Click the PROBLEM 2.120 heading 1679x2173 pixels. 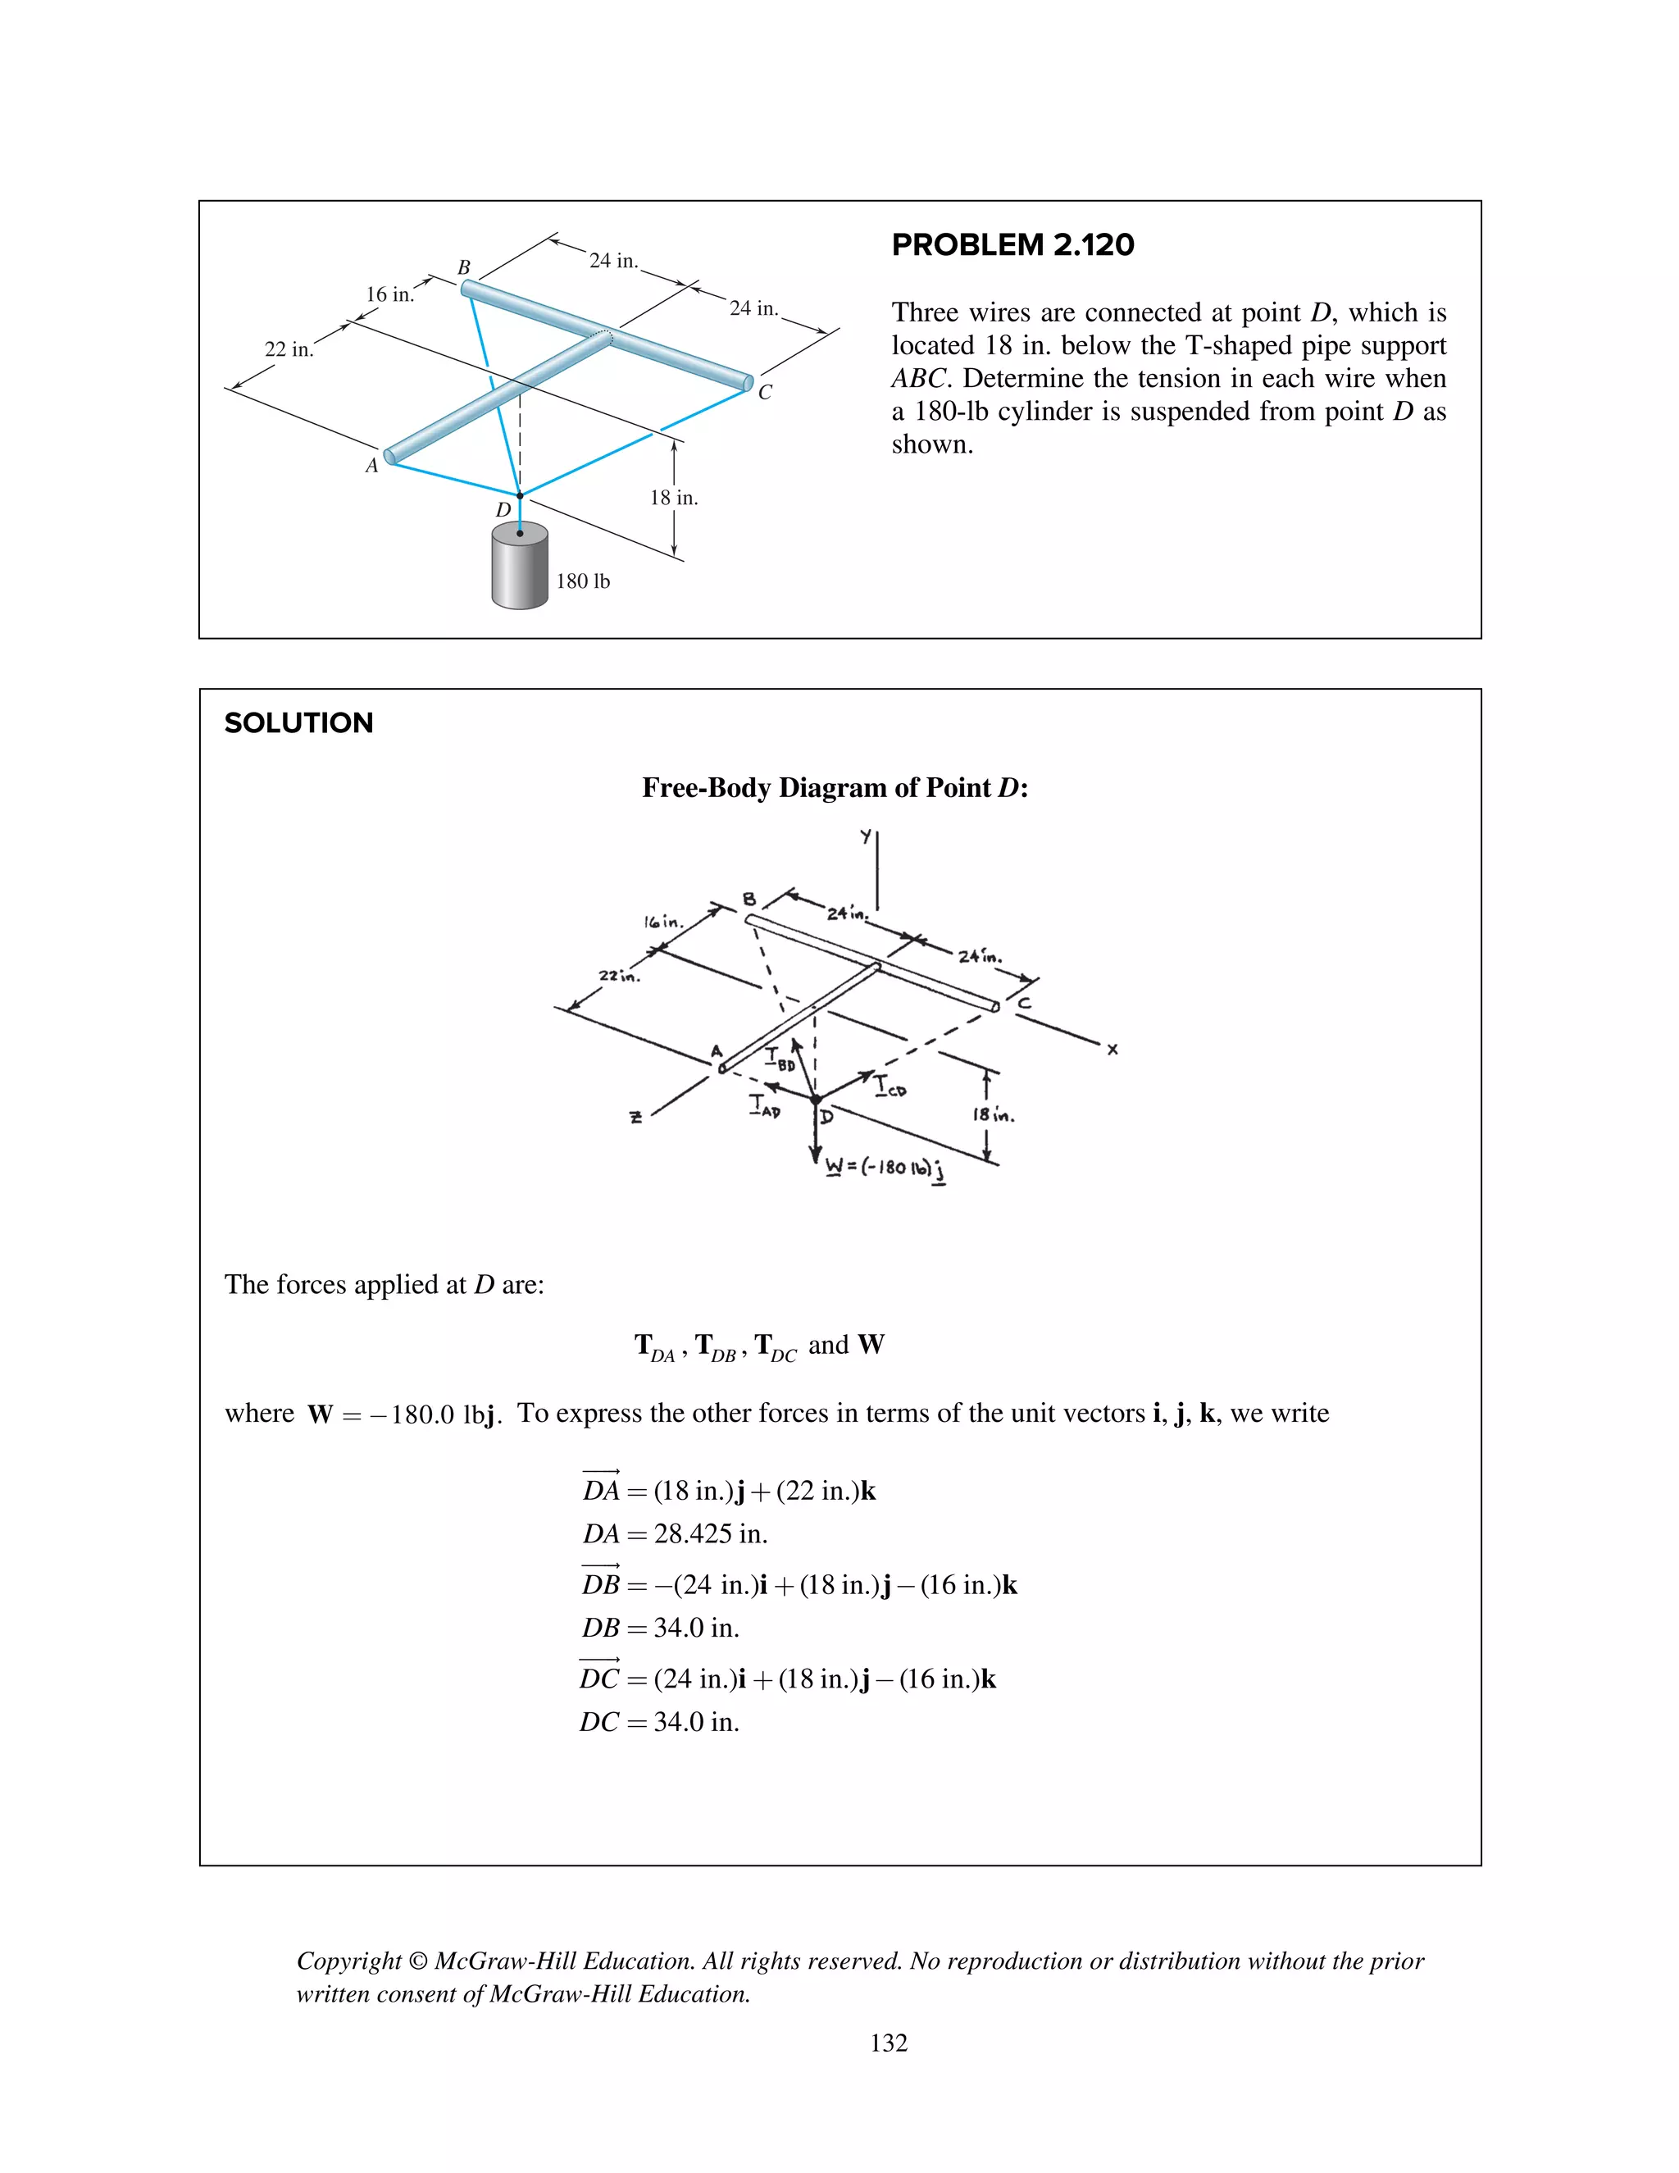point(1012,244)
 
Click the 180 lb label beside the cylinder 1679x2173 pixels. point(583,581)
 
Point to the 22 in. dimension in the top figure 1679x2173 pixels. point(289,349)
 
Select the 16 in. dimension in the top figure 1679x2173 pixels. point(389,294)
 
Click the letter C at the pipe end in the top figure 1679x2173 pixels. point(765,392)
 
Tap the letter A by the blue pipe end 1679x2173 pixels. point(372,466)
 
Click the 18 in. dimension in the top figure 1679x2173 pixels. point(675,498)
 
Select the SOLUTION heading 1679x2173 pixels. point(298,723)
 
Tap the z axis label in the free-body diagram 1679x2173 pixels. point(635,1118)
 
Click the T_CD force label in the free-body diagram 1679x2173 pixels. point(890,1086)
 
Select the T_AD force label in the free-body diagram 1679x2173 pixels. point(764,1106)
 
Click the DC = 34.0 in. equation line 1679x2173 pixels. point(659,1722)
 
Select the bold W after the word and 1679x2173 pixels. point(871,1345)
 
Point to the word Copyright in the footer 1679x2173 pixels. point(348,1961)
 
